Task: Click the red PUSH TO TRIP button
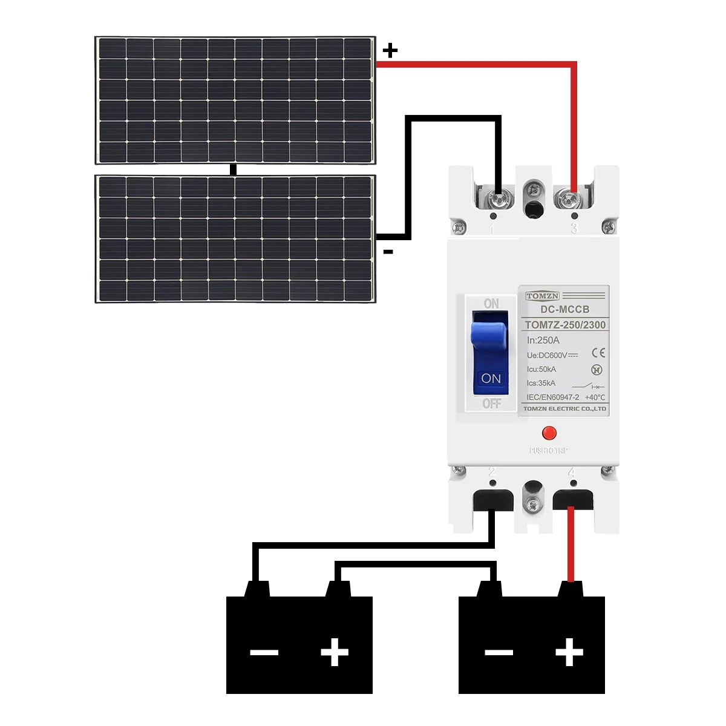click(x=549, y=433)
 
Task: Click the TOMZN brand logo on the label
click(x=542, y=296)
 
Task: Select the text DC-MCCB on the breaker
click(x=564, y=310)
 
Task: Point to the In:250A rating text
click(x=543, y=341)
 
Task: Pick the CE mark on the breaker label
click(x=598, y=353)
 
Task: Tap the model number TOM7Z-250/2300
click(x=565, y=325)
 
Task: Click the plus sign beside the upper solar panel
click(x=390, y=50)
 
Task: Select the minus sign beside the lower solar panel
click(x=388, y=252)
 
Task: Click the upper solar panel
click(x=235, y=100)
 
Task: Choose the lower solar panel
click(x=235, y=239)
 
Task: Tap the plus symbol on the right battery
click(x=569, y=653)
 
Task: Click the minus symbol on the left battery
click(x=264, y=653)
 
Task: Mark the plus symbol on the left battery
click(x=335, y=653)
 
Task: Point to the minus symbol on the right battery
click(x=499, y=653)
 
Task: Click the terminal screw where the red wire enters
click(x=569, y=198)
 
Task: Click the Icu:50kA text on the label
click(x=541, y=369)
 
